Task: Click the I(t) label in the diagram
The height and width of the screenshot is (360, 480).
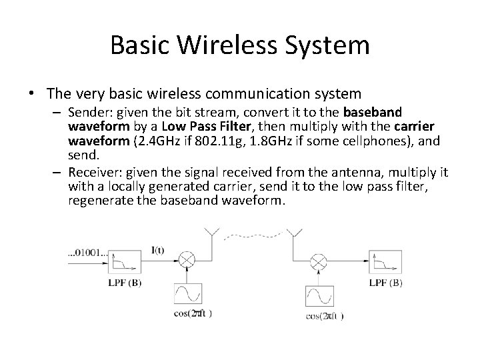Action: [x=158, y=251]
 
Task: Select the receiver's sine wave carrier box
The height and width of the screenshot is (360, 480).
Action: [x=319, y=295]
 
